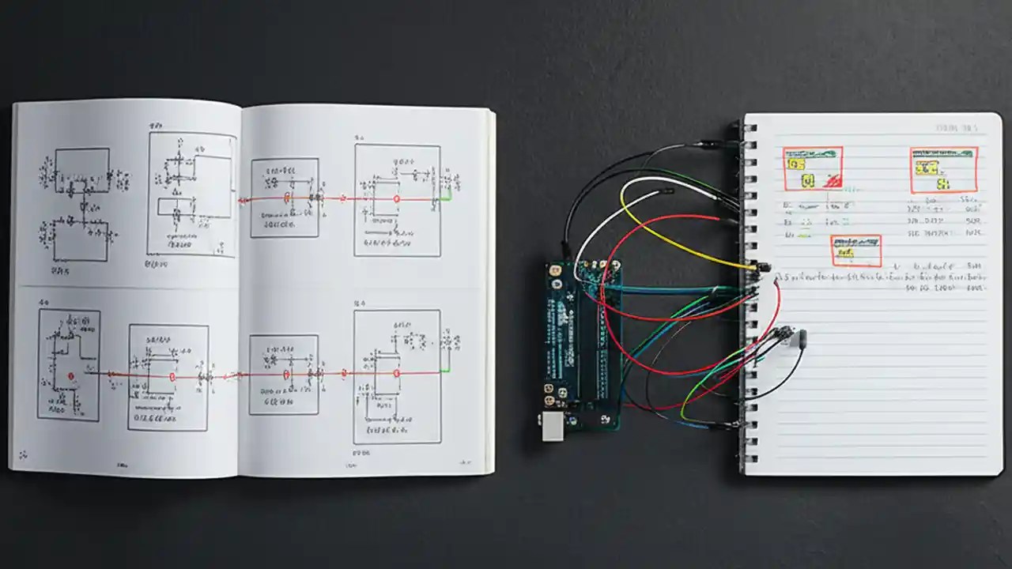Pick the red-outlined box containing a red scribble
(813, 168)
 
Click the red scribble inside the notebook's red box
(831, 181)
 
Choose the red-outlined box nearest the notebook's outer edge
(943, 170)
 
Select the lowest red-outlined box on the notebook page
(855, 251)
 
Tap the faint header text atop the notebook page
(956, 126)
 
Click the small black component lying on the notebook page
(803, 340)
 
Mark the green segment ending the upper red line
(447, 196)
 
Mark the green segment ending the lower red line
(446, 369)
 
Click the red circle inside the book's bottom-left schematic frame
(70, 376)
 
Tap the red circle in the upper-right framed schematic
(397, 199)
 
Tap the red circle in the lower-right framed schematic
(397, 373)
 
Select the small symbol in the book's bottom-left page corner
(23, 454)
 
